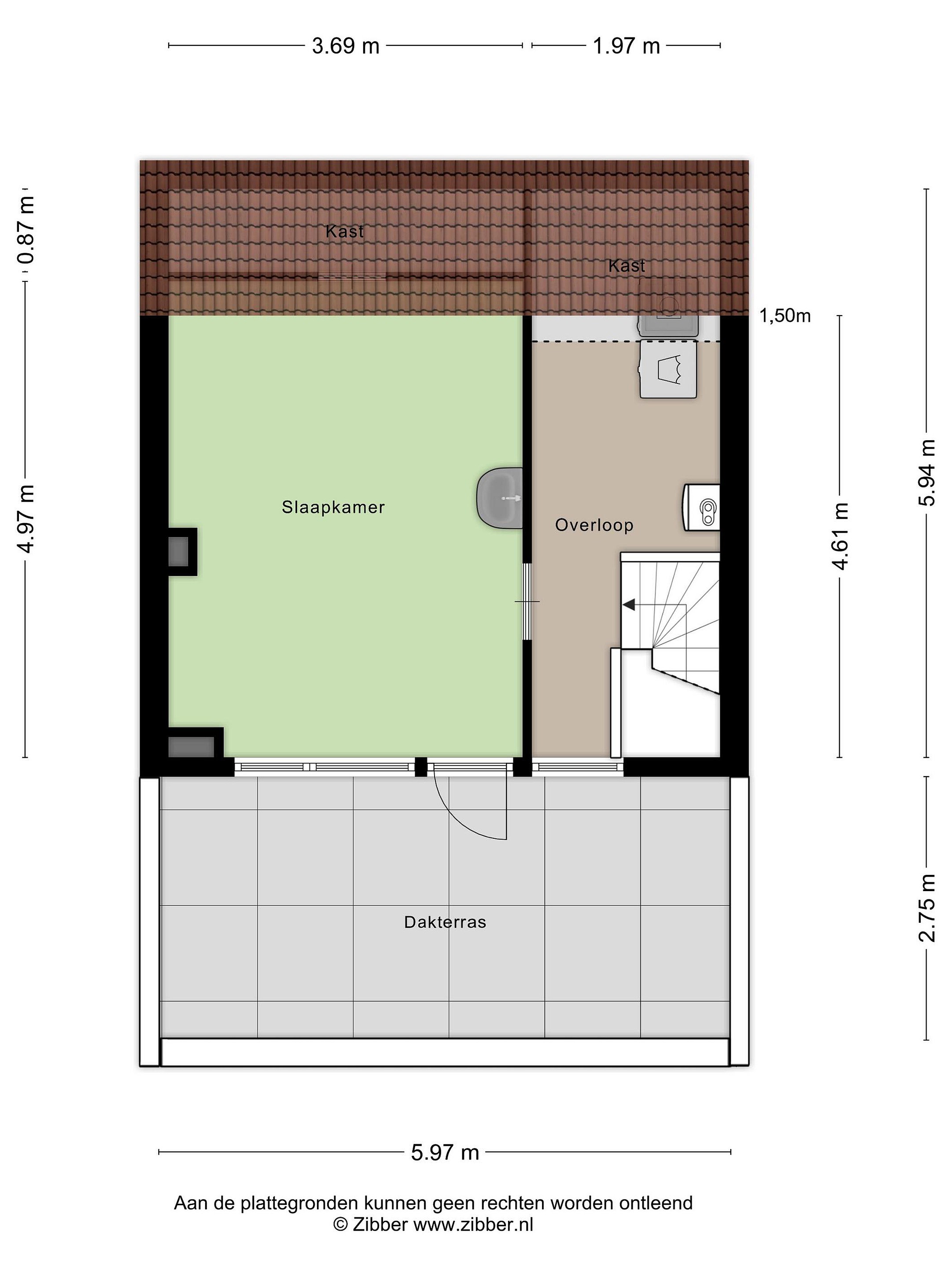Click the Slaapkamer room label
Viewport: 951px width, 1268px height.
pyautogui.click(x=333, y=507)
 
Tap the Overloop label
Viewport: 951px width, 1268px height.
pyautogui.click(x=594, y=525)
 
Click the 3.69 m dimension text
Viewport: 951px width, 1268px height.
pyautogui.click(x=346, y=46)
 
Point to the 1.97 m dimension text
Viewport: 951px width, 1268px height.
pyautogui.click(x=627, y=46)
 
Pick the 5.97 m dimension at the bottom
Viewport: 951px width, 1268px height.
pyautogui.click(x=445, y=1152)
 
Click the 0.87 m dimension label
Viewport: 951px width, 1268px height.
pyautogui.click(x=26, y=230)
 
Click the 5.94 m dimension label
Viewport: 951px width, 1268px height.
pyautogui.click(x=927, y=473)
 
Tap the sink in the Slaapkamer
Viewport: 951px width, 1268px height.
pyautogui.click(x=499, y=498)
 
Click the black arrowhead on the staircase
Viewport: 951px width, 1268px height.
pyautogui.click(x=629, y=604)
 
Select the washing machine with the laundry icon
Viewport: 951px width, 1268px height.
pyautogui.click(x=668, y=369)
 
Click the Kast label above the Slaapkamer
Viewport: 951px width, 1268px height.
pyautogui.click(x=344, y=232)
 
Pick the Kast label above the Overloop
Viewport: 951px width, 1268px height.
pyautogui.click(x=627, y=266)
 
